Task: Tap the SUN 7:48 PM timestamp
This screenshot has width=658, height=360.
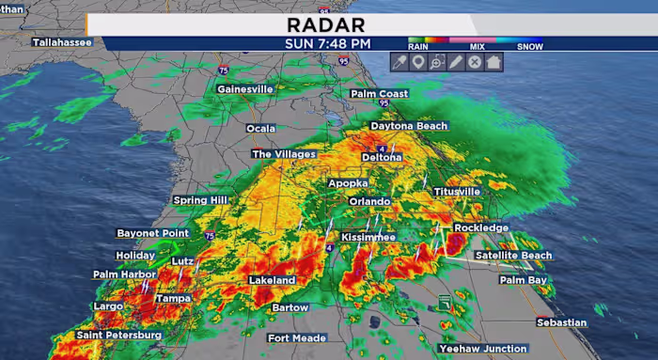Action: [328, 43]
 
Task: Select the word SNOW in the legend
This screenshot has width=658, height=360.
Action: [530, 45]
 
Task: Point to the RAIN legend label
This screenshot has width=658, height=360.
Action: [418, 45]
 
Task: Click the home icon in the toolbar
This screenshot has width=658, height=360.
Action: [493, 62]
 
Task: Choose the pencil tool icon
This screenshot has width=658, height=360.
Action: [456, 62]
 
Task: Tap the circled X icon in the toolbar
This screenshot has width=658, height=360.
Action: [475, 62]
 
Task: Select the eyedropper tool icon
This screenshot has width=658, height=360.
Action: [400, 62]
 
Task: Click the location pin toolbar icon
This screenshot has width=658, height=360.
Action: [419, 62]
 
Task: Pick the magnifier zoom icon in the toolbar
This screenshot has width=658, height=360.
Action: [437, 62]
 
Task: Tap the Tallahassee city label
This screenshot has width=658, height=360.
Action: [62, 42]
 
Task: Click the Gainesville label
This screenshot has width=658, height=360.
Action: [245, 89]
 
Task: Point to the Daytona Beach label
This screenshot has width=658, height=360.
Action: [409, 126]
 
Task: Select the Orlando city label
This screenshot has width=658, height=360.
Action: [369, 201]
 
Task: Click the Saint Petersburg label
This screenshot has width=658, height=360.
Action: [119, 335]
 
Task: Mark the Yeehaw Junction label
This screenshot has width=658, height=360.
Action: [483, 349]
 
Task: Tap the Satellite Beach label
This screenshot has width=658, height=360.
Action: [513, 256]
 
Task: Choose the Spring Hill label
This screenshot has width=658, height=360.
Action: [201, 200]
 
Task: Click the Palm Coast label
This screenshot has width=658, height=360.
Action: [380, 94]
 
